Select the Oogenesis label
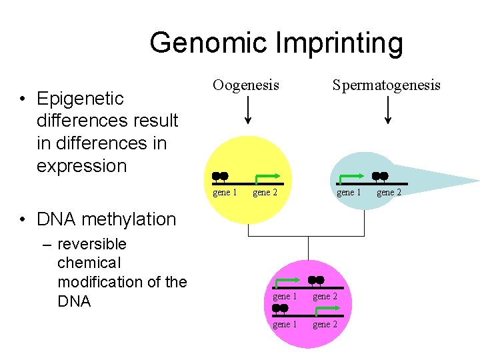click(246, 85)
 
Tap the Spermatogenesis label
click(387, 85)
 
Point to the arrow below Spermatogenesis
click(387, 110)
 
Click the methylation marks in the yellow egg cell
click(220, 177)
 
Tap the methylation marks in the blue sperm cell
click(380, 176)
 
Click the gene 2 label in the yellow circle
click(265, 193)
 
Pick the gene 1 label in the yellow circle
click(225, 193)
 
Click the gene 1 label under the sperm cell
click(349, 193)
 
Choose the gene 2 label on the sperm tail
click(389, 193)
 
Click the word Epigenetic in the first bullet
click(80, 99)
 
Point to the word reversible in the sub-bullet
click(92, 244)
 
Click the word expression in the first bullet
click(81, 166)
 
